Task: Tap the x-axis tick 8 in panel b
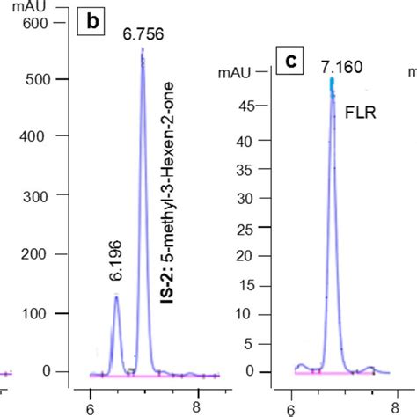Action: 198,407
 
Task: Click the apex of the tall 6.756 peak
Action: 143,49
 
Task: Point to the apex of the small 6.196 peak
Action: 116,296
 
